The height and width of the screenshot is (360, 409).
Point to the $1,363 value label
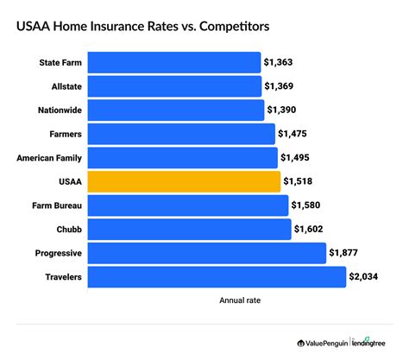tap(280, 63)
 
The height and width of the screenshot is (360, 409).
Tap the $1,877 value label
tap(345, 253)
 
